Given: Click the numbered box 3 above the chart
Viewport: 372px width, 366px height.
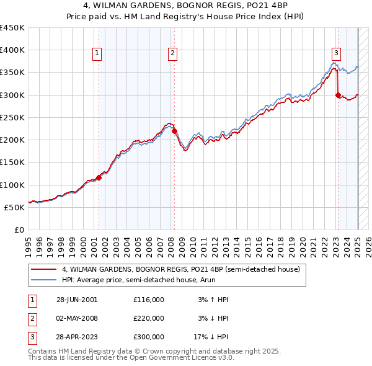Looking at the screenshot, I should point(335,53).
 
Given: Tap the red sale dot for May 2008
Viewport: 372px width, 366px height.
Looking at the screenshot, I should point(175,131).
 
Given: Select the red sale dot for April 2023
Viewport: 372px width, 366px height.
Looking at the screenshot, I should point(338,95).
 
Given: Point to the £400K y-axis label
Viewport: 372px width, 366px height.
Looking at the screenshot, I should point(12,50).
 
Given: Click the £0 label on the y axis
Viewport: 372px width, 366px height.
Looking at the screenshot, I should point(19,230).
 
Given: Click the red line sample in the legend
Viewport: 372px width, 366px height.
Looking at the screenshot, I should point(43,270).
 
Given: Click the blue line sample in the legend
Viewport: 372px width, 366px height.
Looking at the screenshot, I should point(43,280).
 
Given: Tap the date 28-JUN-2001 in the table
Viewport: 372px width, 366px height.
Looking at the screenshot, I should point(77,300).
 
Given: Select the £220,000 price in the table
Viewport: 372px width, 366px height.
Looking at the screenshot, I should point(149,318).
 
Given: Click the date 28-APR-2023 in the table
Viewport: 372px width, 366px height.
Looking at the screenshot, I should point(77,337).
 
